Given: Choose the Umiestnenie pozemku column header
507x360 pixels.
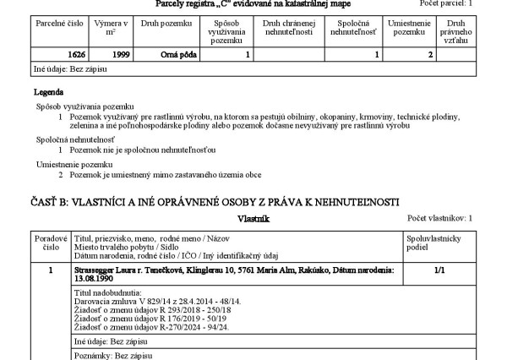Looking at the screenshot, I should [x=410, y=29].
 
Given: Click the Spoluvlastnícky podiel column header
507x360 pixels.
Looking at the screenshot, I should [x=433, y=243].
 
